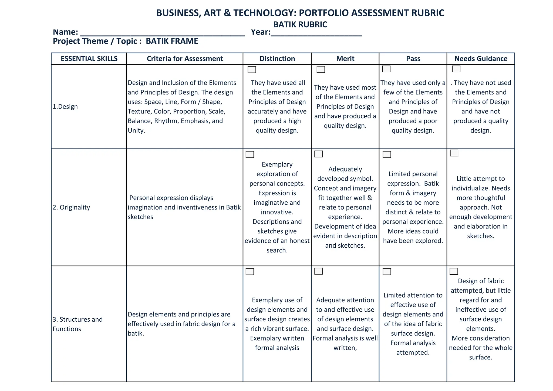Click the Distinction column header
[277, 59]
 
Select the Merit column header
[345, 59]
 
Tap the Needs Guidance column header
[481, 59]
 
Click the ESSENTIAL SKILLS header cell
[89, 59]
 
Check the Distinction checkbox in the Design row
[252, 70]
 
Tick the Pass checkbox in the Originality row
[387, 154]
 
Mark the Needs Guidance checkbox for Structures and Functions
[454, 271]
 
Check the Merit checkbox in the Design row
[321, 69]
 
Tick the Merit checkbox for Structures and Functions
[318, 271]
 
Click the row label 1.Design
[65, 107]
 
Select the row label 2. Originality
[71, 207]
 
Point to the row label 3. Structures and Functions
[77, 324]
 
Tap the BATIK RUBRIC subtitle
[300, 25]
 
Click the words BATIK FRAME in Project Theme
[172, 41]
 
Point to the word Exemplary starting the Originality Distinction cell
[277, 164]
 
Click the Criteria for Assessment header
[185, 59]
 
